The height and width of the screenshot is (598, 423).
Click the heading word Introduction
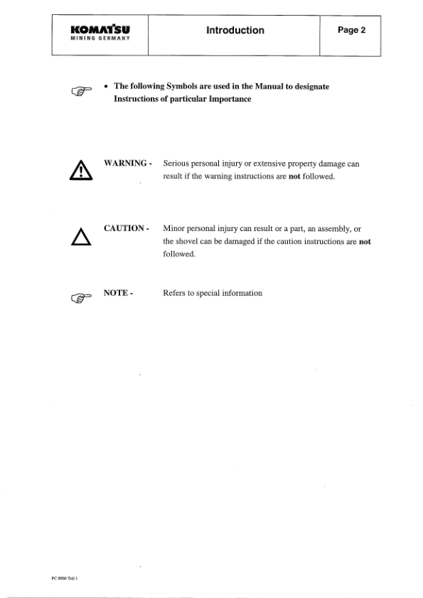tap(235, 31)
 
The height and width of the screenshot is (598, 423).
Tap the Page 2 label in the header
tap(350, 31)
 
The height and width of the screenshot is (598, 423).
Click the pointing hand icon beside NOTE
tap(85, 297)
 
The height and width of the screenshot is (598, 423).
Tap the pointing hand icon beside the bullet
tap(85, 90)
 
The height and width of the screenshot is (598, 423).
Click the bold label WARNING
tap(126, 164)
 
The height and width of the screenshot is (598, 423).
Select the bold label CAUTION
tap(124, 229)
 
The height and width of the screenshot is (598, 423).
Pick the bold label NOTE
tap(118, 293)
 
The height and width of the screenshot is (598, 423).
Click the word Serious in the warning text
tap(178, 164)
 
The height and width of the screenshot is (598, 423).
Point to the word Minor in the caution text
tap(175, 229)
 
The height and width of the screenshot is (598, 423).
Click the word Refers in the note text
tap(176, 293)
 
